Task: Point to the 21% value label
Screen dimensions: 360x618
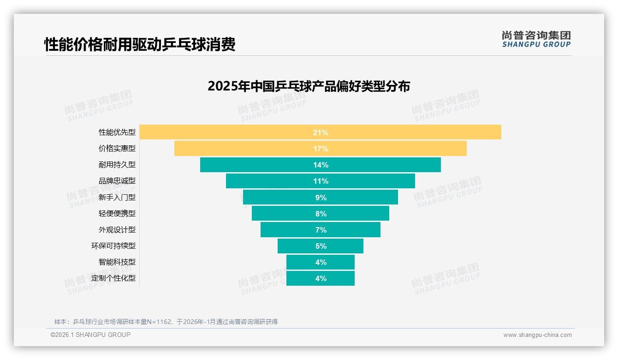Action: tap(321, 132)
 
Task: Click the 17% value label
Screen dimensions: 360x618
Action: tap(321, 149)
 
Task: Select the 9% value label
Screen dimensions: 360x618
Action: tap(321, 198)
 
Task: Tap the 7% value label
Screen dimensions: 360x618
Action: tap(321, 230)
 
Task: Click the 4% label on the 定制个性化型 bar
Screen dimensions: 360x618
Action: tap(321, 278)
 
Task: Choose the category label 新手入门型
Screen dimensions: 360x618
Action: tap(117, 198)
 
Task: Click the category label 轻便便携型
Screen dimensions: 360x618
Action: tap(117, 214)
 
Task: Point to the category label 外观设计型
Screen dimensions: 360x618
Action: tap(117, 230)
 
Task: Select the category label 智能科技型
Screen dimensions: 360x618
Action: tap(117, 262)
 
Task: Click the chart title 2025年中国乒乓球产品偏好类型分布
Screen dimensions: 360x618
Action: tap(309, 86)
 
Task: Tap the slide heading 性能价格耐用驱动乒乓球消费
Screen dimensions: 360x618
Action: tap(140, 44)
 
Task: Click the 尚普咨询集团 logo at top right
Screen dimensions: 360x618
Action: tap(536, 39)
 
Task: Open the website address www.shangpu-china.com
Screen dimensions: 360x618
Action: tap(537, 335)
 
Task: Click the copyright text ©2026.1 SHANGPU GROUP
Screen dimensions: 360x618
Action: tap(90, 335)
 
